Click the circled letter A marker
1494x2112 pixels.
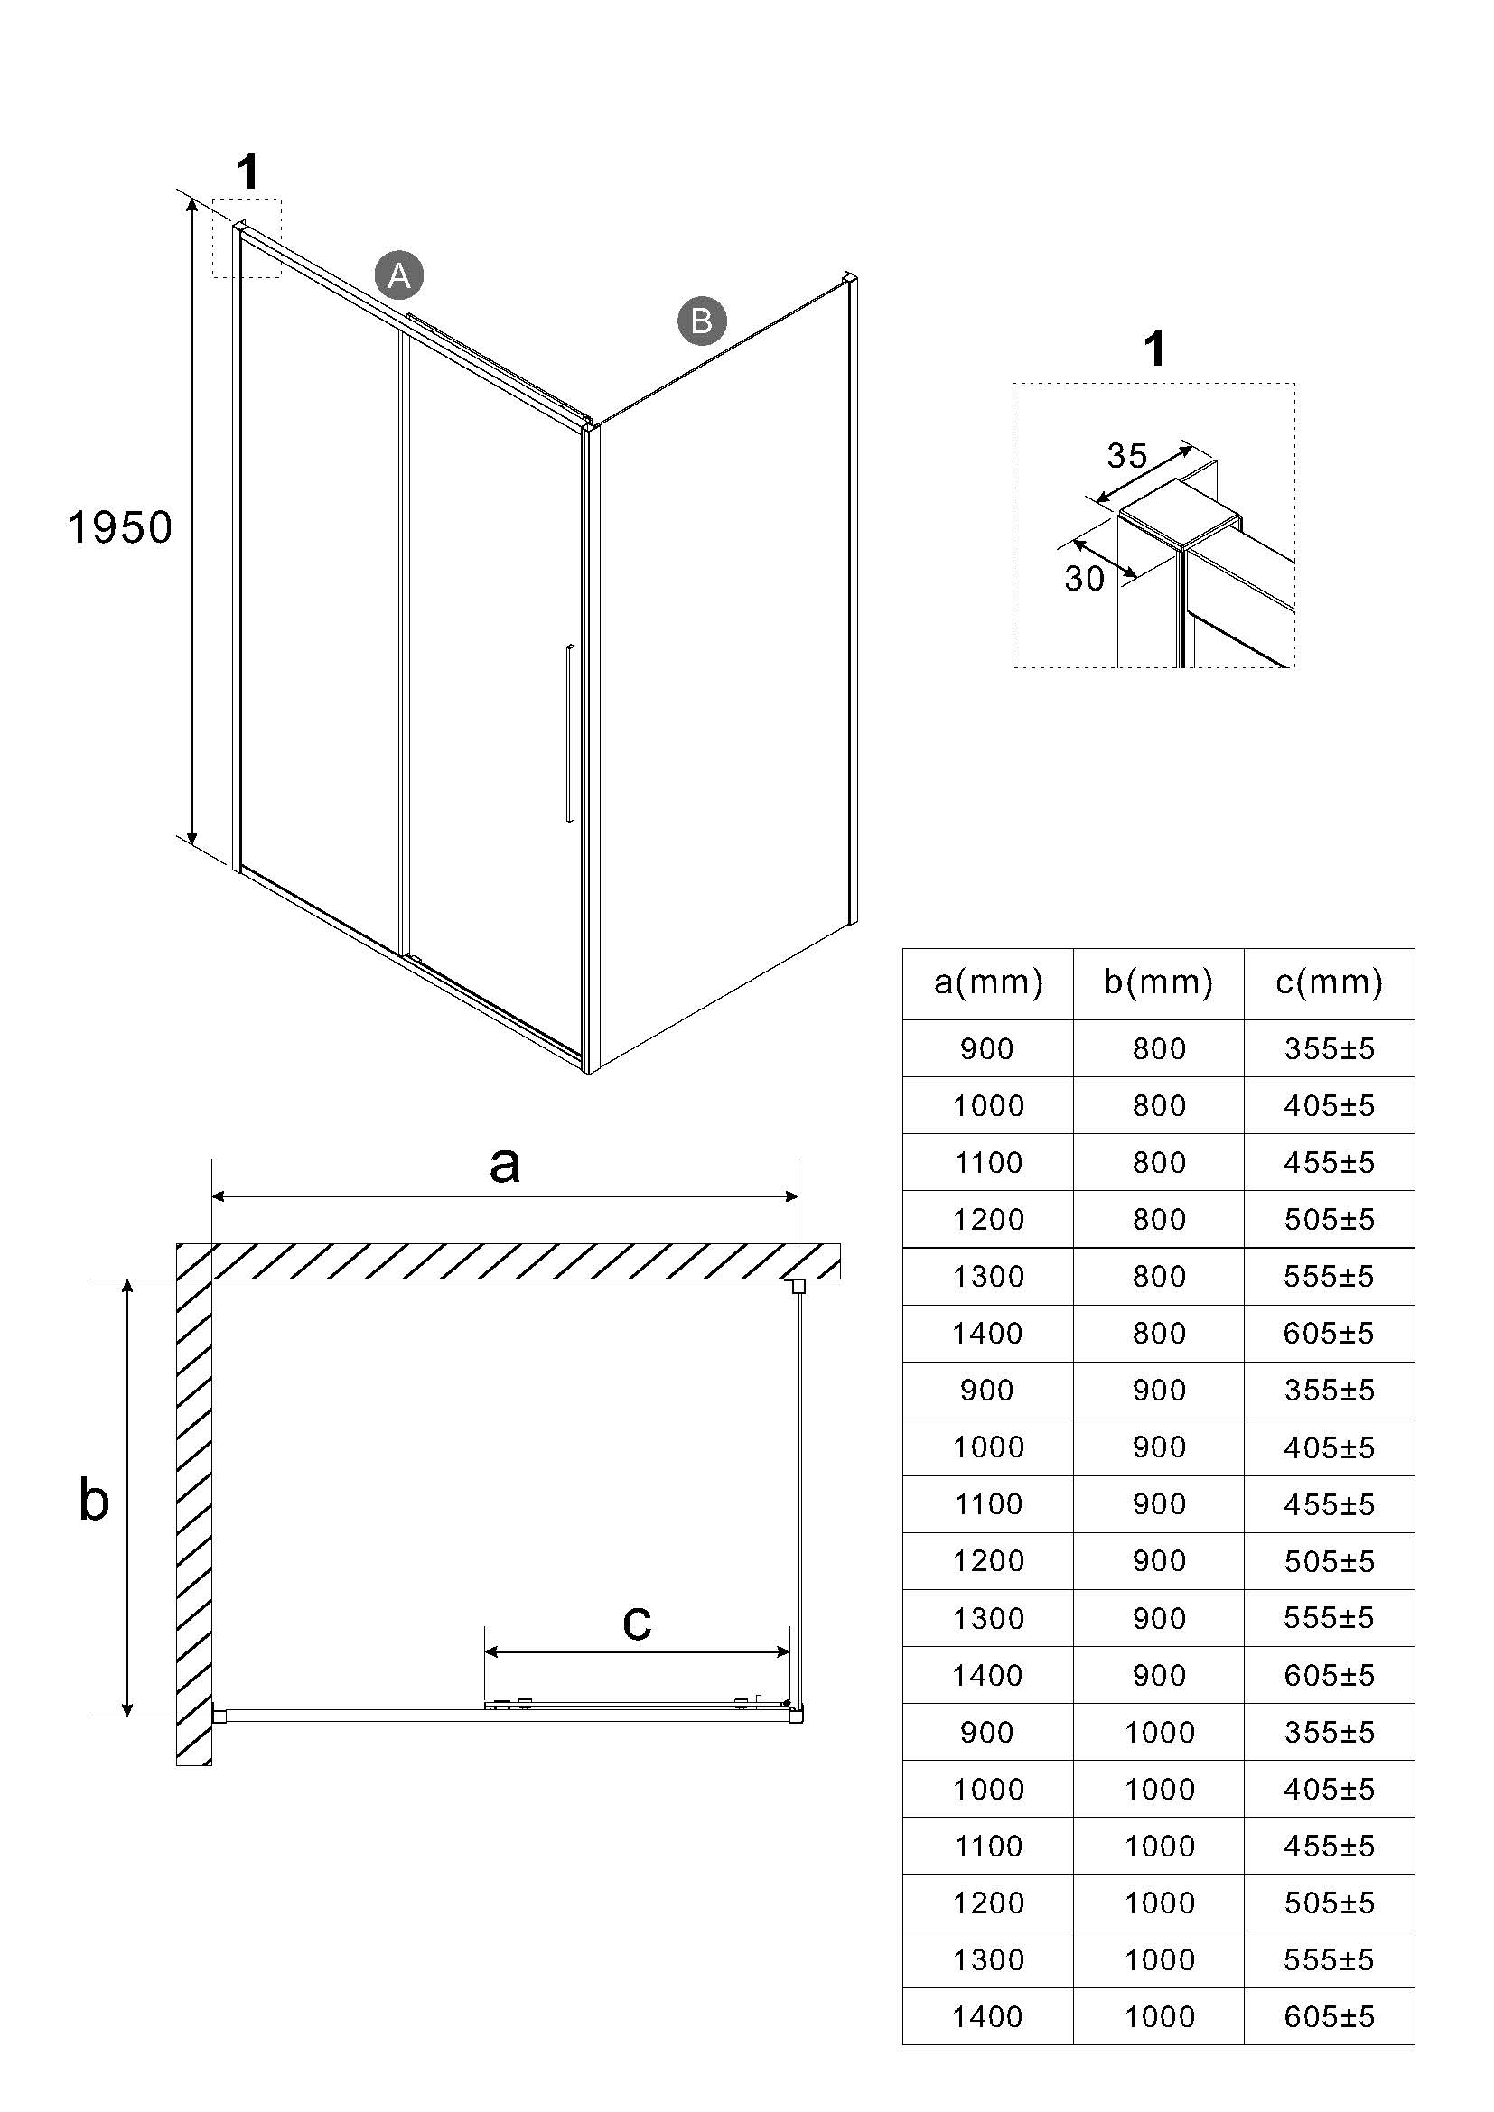pos(398,275)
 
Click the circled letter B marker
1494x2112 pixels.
pos(701,321)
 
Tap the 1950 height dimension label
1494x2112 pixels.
pos(119,528)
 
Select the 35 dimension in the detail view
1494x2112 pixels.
pos(1127,455)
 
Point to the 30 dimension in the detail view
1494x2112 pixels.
pos(1084,578)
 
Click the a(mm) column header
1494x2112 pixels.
pos(988,982)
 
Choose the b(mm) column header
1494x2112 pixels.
pos(1158,982)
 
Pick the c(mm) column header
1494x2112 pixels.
pos(1329,982)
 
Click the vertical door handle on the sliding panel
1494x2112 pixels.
pos(570,732)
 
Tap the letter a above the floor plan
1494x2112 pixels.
pos(504,1165)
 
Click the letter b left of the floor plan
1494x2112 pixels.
pos(94,1499)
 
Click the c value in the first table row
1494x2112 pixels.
pos(1329,1048)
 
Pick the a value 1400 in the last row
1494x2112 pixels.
pos(988,2016)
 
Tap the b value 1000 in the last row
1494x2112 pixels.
pos(1158,2016)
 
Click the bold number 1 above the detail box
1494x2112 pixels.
pos(1154,349)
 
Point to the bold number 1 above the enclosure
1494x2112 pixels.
pos(247,172)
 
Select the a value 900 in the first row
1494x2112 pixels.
pos(988,1048)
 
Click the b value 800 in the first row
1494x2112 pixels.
pos(1158,1048)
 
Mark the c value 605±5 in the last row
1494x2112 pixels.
pos(1329,2016)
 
